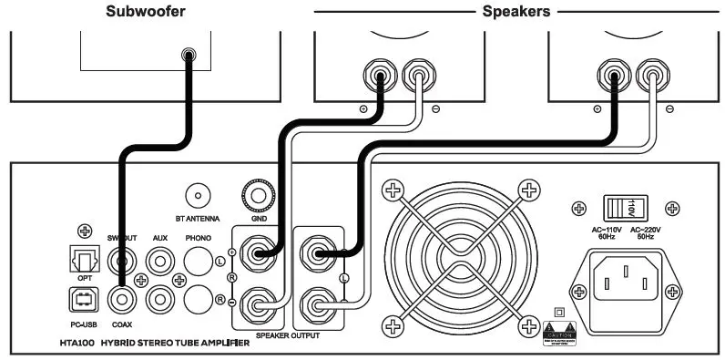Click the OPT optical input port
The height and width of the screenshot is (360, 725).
point(83,261)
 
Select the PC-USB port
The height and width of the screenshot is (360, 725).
point(83,298)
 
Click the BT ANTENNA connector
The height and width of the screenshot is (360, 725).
point(198,195)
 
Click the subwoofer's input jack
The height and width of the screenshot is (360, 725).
point(188,56)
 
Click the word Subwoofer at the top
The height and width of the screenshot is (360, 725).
point(145,12)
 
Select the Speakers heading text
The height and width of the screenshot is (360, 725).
point(514,12)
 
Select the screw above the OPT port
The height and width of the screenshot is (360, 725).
point(85,232)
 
